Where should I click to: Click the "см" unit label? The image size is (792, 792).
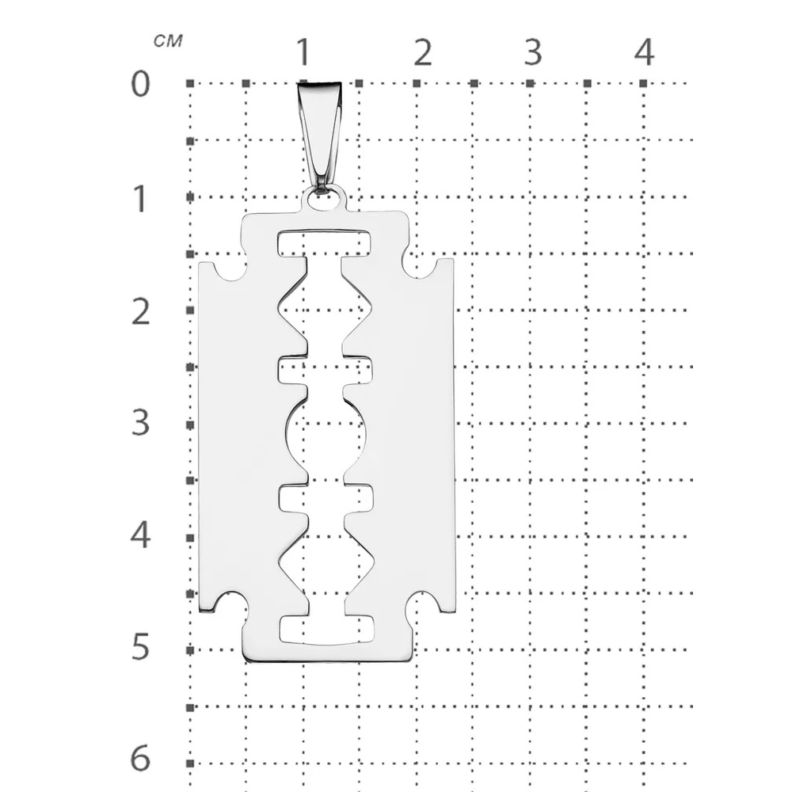168,41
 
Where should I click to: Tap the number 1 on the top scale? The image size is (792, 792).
303,51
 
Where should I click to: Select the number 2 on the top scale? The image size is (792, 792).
423,52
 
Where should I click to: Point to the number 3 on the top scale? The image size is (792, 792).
533,52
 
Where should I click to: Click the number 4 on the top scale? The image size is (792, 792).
645,52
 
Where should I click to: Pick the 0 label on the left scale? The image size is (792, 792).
140,84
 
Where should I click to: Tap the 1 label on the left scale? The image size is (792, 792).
141,199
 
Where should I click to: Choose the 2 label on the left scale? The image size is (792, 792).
141,311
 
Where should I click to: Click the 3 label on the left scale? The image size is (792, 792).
140,422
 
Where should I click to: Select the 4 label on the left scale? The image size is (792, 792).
140,535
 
